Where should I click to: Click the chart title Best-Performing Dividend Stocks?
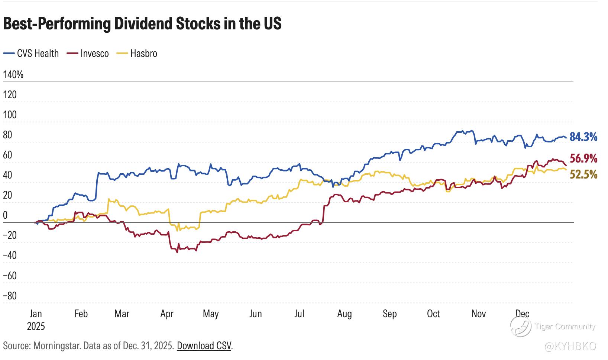coord(142,24)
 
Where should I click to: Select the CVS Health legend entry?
coord(38,54)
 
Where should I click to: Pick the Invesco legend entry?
coord(94,54)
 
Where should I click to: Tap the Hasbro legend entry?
coord(143,54)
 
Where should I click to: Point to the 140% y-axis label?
coord(13,75)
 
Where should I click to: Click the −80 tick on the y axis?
coord(10,296)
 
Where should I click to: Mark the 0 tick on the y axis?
coord(5,215)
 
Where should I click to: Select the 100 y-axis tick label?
coord(10,115)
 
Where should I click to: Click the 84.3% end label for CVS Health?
coord(583,137)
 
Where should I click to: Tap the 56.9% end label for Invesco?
coord(583,159)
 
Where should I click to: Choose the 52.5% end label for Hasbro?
coord(583,174)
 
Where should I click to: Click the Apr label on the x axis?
coord(167,314)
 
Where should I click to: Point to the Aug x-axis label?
coord(345,314)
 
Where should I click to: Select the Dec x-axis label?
coord(523,314)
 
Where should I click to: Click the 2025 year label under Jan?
coord(36,327)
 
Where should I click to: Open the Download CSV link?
coord(204,346)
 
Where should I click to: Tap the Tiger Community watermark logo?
coord(520,326)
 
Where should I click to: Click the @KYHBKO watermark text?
coord(570,346)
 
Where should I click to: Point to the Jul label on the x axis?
coord(299,314)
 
